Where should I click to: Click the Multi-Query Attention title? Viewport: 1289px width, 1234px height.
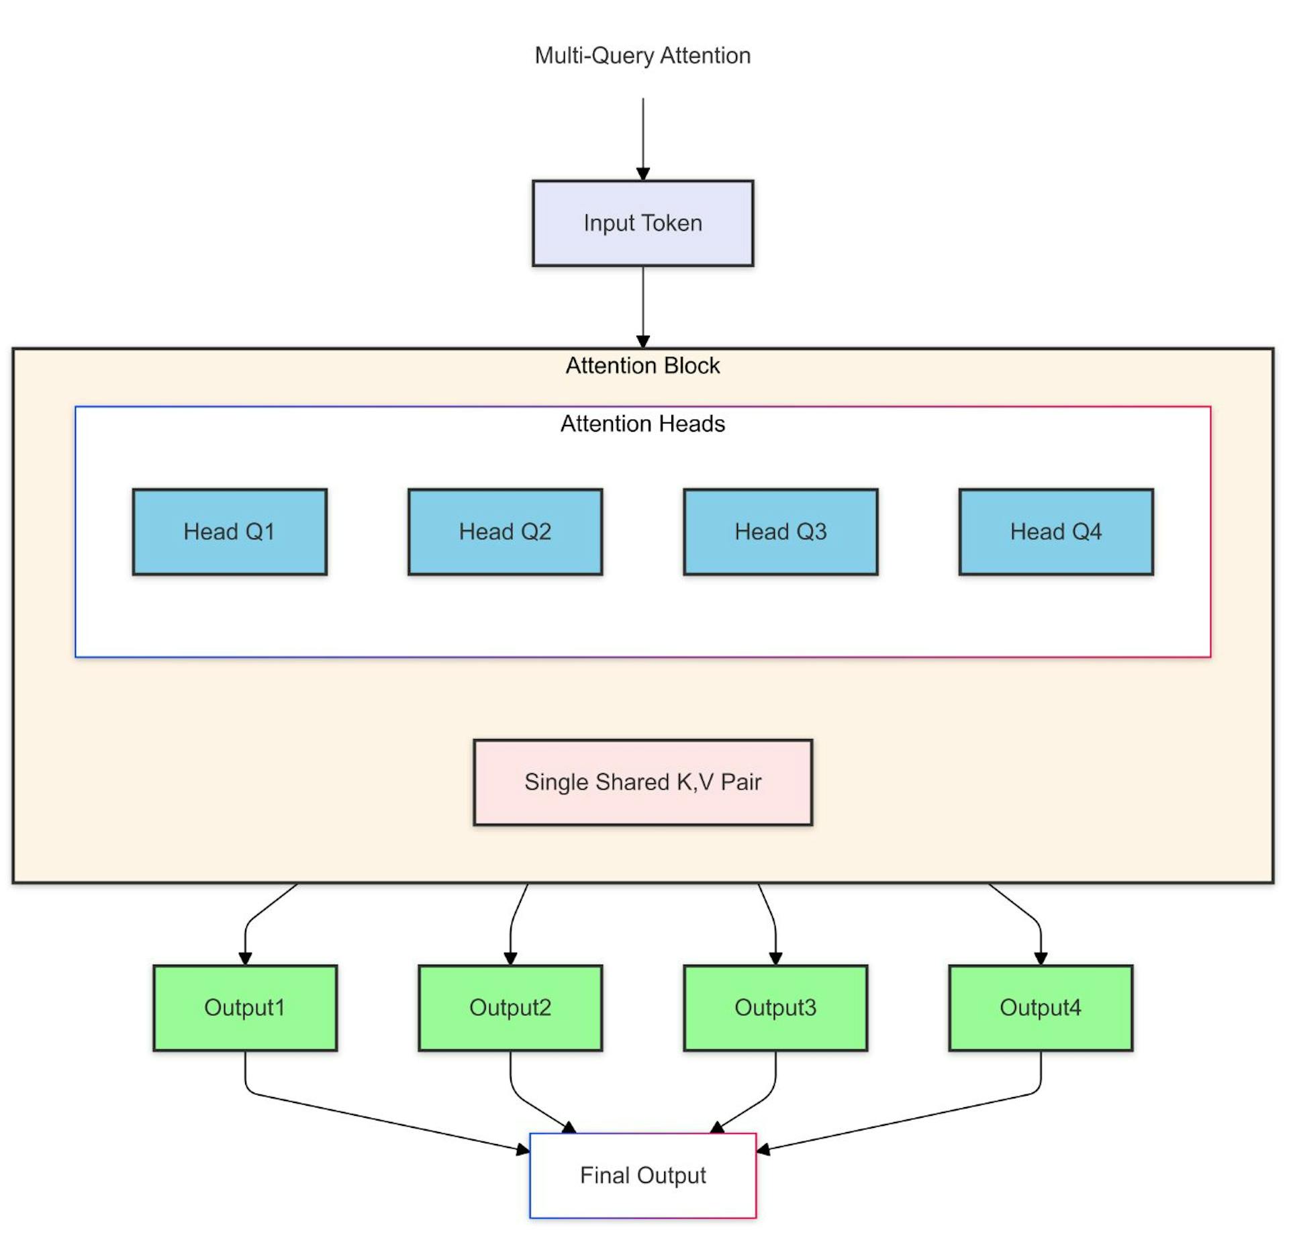click(x=642, y=55)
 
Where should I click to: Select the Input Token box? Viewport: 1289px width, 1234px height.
click(x=642, y=223)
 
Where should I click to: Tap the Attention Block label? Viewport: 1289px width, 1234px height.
click(x=642, y=366)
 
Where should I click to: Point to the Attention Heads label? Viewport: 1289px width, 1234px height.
click(x=642, y=424)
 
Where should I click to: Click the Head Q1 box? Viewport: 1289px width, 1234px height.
click(x=230, y=532)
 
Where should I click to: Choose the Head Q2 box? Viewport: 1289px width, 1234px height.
click(x=505, y=532)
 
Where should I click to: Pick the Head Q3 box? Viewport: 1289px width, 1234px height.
click(x=780, y=532)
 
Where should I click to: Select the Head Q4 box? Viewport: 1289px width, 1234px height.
click(x=1055, y=532)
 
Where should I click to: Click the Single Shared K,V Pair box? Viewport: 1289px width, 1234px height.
click(x=642, y=782)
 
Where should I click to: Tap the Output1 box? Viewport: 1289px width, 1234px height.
click(x=245, y=1008)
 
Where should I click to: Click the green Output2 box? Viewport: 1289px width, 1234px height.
click(x=510, y=1008)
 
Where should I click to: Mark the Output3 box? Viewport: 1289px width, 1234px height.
click(x=775, y=1008)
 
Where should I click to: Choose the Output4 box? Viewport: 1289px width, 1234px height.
click(x=1040, y=1008)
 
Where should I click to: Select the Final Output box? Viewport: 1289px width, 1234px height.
click(x=642, y=1176)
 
